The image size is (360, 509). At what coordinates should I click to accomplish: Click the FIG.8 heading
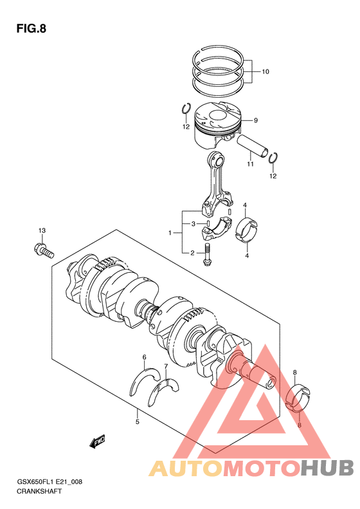point(31,29)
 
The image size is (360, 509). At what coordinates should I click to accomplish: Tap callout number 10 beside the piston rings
point(265,71)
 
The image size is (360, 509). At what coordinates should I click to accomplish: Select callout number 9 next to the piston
point(256,120)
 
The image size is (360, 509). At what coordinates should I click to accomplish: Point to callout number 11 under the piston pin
point(250,164)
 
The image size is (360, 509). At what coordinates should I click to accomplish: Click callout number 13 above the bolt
point(42,230)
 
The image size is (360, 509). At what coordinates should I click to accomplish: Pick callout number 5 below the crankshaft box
point(138,421)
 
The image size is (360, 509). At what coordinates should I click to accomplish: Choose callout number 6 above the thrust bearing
point(145,357)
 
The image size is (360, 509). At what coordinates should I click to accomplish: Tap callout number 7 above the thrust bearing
point(166,367)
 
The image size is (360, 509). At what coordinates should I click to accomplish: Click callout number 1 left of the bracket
point(170,233)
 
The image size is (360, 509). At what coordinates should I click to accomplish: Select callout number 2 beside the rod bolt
point(192,253)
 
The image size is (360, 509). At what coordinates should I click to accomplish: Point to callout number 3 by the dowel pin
point(193,224)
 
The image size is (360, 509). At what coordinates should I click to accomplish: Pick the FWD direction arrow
point(97,442)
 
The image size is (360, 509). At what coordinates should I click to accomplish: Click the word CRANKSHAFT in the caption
point(39,491)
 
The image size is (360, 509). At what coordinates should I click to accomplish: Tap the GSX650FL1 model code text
point(35,481)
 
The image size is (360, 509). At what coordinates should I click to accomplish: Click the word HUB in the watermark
point(327,468)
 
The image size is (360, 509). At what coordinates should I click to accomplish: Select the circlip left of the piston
point(186,109)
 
